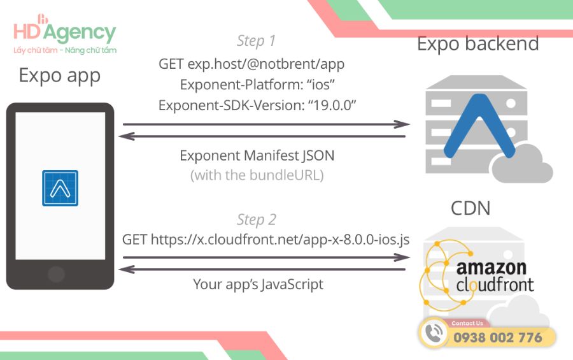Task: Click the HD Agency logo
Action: [x=64, y=35]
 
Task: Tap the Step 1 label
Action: [x=256, y=41]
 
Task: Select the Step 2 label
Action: [x=256, y=220]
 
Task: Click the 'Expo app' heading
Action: [x=59, y=75]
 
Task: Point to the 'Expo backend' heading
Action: [x=478, y=43]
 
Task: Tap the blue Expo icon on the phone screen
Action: [x=60, y=188]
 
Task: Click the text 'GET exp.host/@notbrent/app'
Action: [x=251, y=64]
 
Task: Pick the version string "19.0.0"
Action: [x=331, y=106]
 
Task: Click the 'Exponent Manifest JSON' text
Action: [x=257, y=155]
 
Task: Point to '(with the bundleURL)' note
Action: [x=257, y=175]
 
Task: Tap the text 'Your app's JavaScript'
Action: [x=258, y=284]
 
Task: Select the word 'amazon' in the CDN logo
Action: [x=491, y=267]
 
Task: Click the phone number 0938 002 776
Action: [x=498, y=338]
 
